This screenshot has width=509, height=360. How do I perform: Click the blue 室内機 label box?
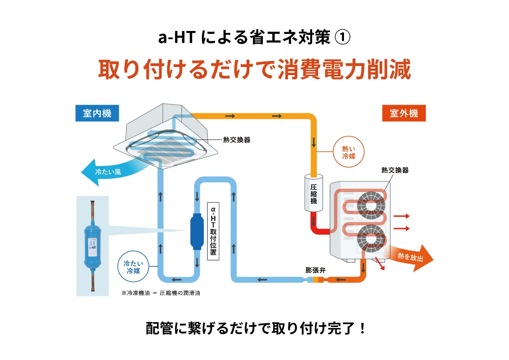pos(97,114)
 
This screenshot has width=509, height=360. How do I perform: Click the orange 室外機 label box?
pos(403,114)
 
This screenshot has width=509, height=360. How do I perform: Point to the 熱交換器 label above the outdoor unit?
pos(394,170)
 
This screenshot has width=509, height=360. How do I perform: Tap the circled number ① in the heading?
pos(342,38)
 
